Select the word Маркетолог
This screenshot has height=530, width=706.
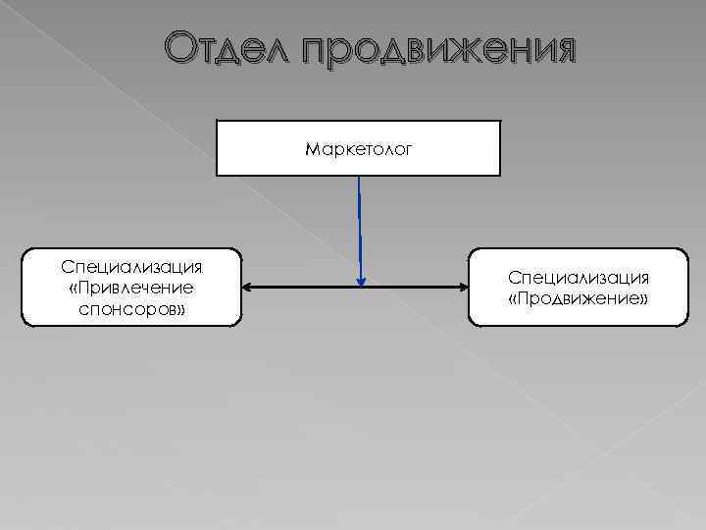tap(358, 150)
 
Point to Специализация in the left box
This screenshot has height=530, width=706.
tap(131, 267)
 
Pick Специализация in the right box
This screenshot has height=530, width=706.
tap(578, 279)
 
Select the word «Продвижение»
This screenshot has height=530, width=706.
tap(578, 298)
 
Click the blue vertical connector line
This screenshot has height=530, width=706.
tap(360, 226)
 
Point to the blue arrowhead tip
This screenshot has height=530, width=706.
tap(361, 285)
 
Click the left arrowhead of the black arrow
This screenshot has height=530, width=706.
tap(246, 288)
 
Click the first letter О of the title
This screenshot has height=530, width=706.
tap(179, 48)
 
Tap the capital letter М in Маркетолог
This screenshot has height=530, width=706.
tap(312, 150)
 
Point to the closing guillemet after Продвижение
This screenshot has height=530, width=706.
tap(642, 298)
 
